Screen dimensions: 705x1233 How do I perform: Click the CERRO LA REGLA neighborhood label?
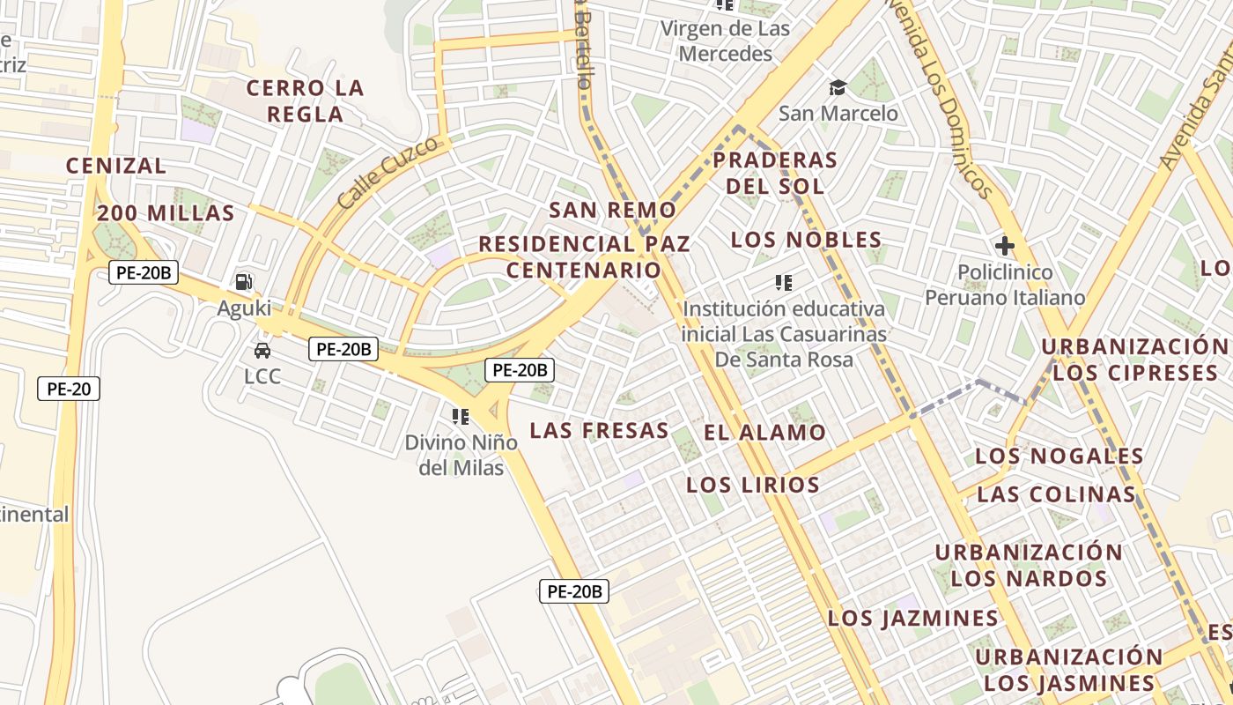click(x=305, y=100)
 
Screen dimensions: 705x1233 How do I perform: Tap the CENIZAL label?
click(x=116, y=166)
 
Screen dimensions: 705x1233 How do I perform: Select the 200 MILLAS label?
click(x=166, y=213)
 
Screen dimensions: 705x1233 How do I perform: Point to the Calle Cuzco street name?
click(x=388, y=173)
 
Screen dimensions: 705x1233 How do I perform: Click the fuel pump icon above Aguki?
click(x=244, y=282)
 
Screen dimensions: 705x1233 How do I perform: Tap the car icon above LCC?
click(x=262, y=351)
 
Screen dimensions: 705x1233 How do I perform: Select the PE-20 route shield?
click(x=69, y=389)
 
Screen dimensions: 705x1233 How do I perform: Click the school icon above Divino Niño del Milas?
click(x=460, y=416)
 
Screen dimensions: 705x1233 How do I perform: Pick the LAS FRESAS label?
click(x=599, y=431)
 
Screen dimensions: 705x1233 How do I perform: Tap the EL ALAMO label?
click(x=764, y=433)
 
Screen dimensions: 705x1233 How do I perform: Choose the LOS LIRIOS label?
click(x=753, y=485)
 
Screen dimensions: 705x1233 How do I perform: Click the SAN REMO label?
click(x=613, y=211)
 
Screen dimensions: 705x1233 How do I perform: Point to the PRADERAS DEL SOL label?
click(x=774, y=173)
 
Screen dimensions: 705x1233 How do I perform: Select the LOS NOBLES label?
click(x=807, y=240)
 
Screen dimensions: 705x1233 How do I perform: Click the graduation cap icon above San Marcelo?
click(x=837, y=87)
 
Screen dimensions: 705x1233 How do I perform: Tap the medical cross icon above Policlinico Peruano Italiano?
click(x=1004, y=246)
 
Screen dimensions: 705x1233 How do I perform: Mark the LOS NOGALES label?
click(x=1059, y=456)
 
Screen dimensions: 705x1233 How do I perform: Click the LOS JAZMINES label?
click(x=913, y=619)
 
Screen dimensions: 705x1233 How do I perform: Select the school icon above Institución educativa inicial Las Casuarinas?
click(x=783, y=283)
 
